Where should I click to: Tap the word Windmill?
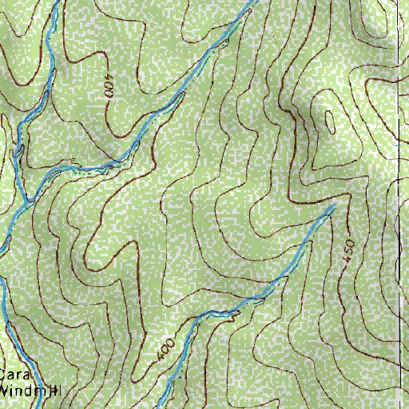point(26,391)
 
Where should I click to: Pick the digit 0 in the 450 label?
point(347,241)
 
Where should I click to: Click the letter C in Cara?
point(4,376)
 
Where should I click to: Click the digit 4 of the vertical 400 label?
point(109,94)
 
